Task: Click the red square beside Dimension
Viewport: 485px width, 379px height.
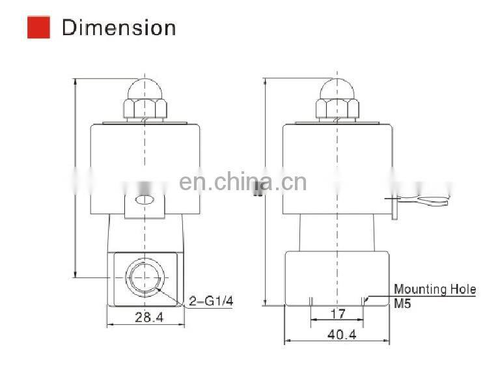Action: tap(38, 27)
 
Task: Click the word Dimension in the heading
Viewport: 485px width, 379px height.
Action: tap(118, 28)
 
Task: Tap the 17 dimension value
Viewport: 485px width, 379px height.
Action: tap(337, 313)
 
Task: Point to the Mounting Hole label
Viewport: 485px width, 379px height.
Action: tap(434, 289)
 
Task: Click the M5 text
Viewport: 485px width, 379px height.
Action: tap(402, 302)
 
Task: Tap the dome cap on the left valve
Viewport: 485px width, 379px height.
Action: tap(144, 89)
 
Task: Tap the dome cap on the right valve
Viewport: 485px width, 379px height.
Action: tap(336, 89)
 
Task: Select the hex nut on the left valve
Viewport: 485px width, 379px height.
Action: tap(144, 109)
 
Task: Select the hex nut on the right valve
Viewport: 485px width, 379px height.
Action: tap(336, 109)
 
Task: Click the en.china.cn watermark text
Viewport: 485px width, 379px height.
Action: tap(242, 182)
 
